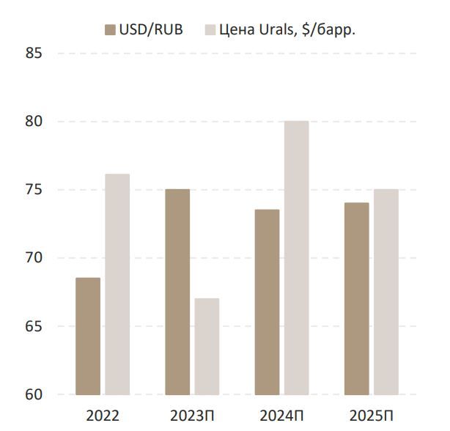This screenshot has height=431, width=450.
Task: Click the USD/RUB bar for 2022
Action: pos(88,336)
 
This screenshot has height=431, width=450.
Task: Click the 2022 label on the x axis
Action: pos(102,415)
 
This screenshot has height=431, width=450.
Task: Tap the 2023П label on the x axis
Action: pos(192,415)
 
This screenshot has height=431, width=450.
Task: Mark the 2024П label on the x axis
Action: pos(281,415)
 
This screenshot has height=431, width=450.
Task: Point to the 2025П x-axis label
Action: pos(371,415)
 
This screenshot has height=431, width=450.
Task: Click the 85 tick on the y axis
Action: pos(32,54)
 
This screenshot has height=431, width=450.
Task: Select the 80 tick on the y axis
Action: pos(32,122)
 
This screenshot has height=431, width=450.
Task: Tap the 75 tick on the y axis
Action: pos(32,190)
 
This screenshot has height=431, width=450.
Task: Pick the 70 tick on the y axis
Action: pos(32,258)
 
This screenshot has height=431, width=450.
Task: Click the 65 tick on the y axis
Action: pos(32,326)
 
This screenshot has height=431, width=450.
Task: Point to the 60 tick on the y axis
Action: pos(32,394)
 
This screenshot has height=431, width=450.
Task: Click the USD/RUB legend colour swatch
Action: pos(111,29)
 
